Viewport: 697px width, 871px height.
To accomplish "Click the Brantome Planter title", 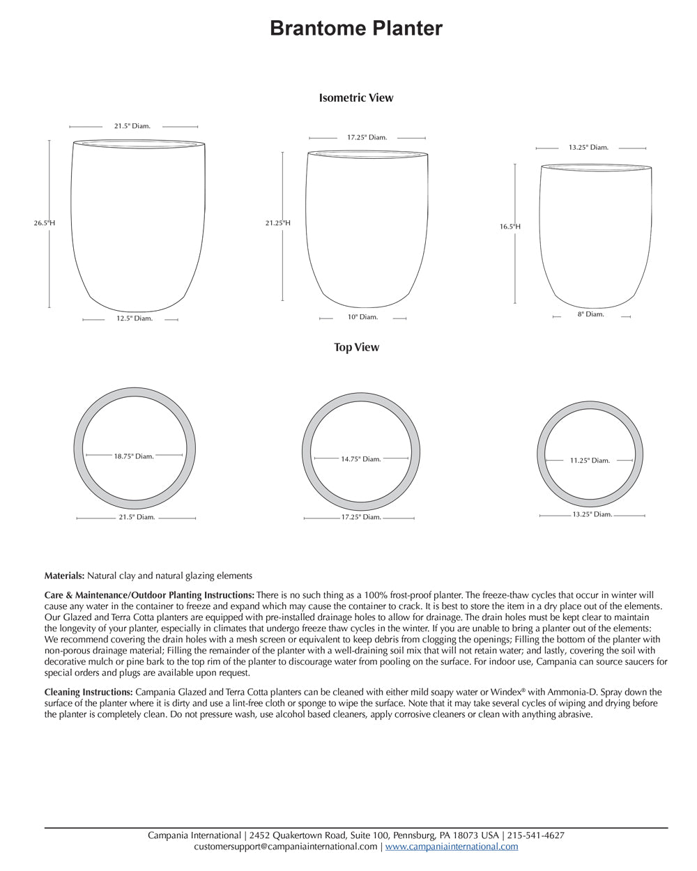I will [355, 29].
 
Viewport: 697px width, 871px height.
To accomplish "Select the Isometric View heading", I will [355, 98].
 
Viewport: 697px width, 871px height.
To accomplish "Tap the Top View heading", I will [356, 347].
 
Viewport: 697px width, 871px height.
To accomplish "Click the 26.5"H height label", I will [45, 224].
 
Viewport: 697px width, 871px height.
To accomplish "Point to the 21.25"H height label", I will [277, 223].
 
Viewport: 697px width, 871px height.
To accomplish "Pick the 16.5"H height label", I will [510, 226].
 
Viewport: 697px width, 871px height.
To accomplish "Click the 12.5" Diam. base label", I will [135, 318].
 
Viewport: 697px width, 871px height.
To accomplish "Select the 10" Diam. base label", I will [363, 317].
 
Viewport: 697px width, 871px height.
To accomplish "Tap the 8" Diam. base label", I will [590, 314].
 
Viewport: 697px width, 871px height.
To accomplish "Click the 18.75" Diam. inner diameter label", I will [134, 456].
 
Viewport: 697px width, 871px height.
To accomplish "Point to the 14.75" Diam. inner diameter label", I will [361, 459].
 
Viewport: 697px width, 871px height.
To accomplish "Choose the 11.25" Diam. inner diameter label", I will [590, 461].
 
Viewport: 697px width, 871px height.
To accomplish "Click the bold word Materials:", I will [64, 576].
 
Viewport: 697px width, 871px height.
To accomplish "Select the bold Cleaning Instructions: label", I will [89, 692].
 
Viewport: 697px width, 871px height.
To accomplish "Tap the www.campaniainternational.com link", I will [452, 847].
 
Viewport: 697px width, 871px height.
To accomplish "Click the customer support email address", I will [286, 847].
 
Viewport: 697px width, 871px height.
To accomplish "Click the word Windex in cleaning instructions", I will [511, 692].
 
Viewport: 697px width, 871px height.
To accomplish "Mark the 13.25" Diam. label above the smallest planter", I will [588, 148].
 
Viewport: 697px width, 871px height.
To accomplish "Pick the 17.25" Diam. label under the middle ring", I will [361, 517].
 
